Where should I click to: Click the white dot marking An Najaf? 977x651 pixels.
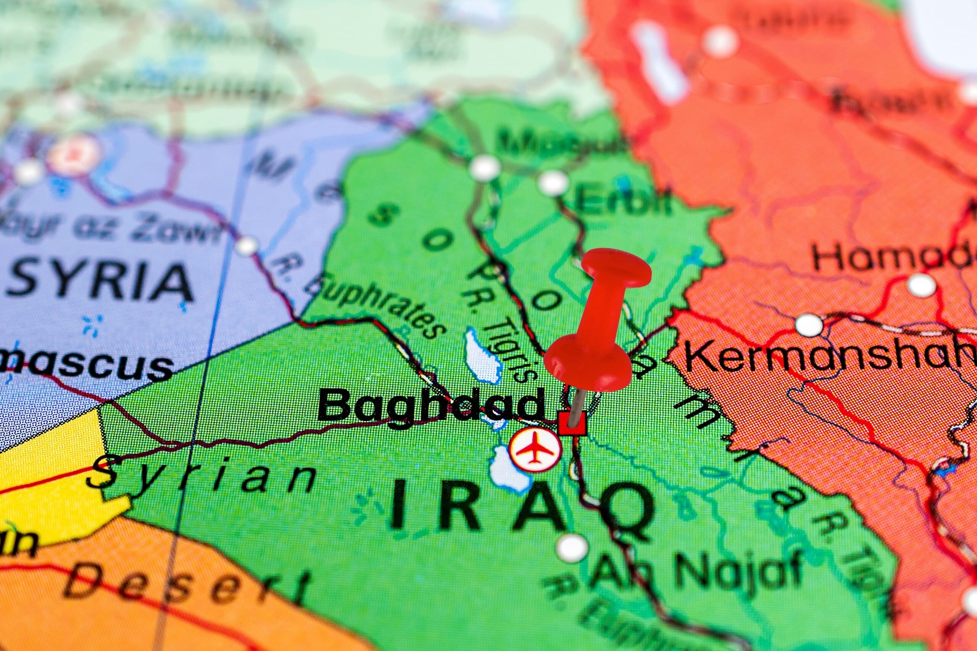pos(572,548)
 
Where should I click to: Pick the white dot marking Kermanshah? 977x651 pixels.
pos(809,325)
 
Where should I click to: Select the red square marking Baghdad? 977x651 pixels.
pos(572,424)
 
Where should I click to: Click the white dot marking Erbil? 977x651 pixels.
pos(553,183)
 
